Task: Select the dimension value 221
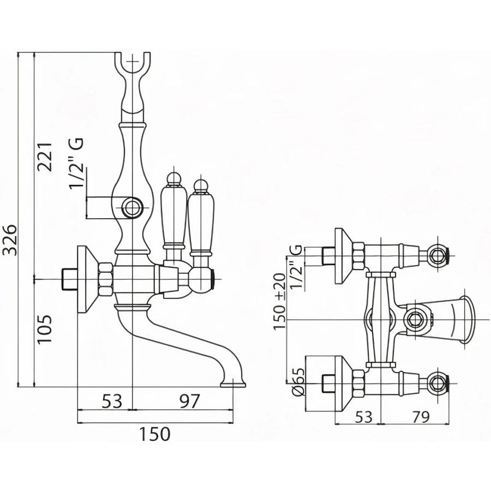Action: tap(46, 157)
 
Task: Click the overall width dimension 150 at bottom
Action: tap(153, 434)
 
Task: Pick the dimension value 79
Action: tap(418, 416)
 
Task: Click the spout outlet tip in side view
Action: tap(233, 384)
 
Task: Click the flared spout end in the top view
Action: tap(467, 319)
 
